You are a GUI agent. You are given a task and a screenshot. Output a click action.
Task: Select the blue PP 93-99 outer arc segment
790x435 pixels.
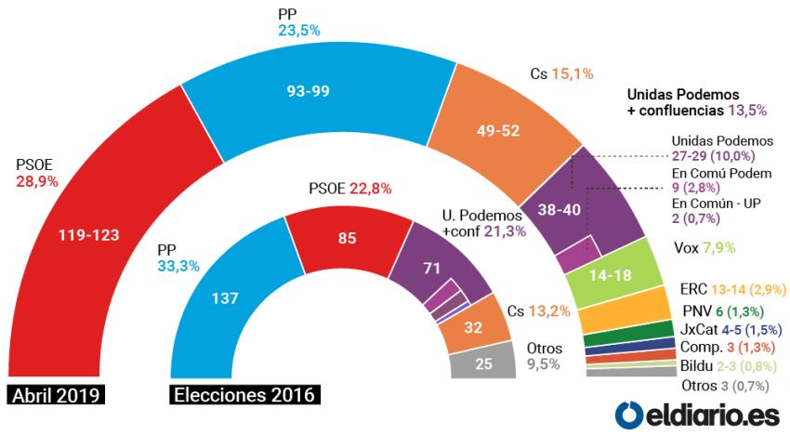pos(307,91)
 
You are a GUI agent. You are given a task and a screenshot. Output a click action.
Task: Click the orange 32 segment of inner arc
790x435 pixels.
pos(475,326)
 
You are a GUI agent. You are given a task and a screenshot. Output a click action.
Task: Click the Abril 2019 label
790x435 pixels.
pos(57,395)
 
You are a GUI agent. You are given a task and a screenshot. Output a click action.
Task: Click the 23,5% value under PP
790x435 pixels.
pos(299,31)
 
